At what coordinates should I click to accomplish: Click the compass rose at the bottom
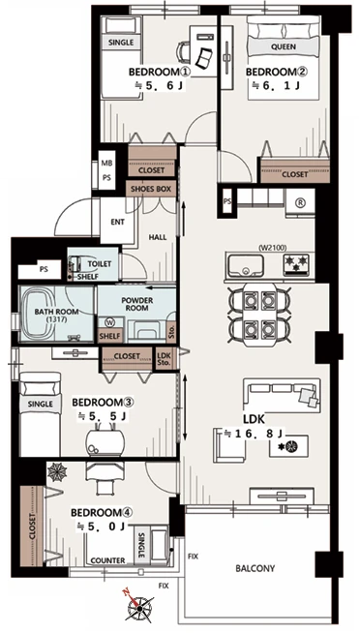tap(139, 607)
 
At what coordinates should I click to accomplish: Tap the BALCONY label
tap(255, 568)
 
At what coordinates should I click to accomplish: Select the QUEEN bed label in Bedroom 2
tap(284, 46)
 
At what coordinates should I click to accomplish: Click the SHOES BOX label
tap(151, 189)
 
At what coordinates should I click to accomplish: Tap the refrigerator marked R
tap(300, 203)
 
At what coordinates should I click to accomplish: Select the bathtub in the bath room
tap(38, 314)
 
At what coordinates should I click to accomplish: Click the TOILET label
tap(100, 264)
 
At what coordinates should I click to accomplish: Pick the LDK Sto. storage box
tap(165, 359)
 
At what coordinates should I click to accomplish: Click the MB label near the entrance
tap(106, 164)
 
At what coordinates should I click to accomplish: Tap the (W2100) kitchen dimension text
tap(274, 248)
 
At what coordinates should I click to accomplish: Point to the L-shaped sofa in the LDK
tap(283, 396)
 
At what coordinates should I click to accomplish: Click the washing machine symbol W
tap(109, 322)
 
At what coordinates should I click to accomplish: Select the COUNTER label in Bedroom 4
tap(107, 560)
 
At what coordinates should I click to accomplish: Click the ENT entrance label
tap(117, 223)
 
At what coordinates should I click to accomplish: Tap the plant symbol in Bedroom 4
tap(57, 472)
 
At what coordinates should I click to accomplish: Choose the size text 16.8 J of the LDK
tap(255, 435)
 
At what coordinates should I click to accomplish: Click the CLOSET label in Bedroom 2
tap(294, 174)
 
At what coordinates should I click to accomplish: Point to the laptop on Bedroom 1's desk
tap(204, 57)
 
